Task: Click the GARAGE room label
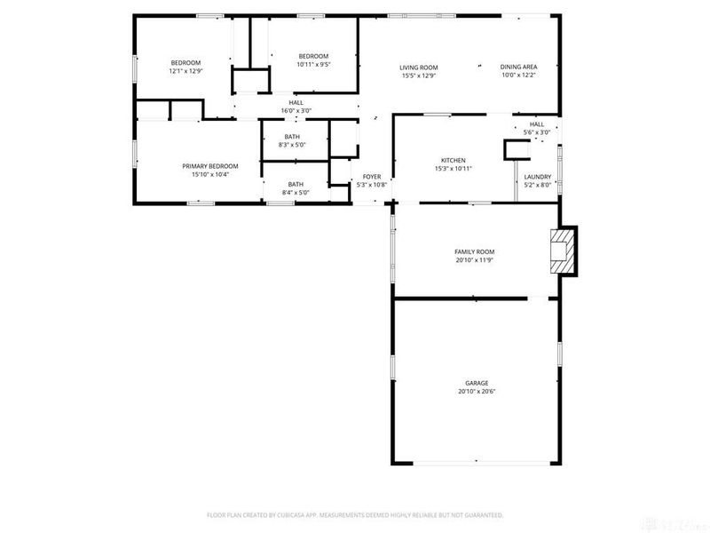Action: pyautogui.click(x=477, y=383)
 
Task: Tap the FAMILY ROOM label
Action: pyautogui.click(x=474, y=251)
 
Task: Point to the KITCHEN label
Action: pyautogui.click(x=453, y=160)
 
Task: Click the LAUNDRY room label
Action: pyautogui.click(x=538, y=177)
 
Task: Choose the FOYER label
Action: pyautogui.click(x=372, y=177)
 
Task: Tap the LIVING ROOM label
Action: pyautogui.click(x=419, y=67)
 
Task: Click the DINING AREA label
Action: pyautogui.click(x=518, y=67)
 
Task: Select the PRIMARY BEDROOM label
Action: pyautogui.click(x=210, y=166)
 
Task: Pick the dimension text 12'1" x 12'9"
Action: pyautogui.click(x=185, y=70)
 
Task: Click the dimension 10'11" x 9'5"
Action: pyautogui.click(x=313, y=64)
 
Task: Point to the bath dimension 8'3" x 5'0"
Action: pyautogui.click(x=292, y=145)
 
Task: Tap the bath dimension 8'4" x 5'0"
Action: pyautogui.click(x=295, y=193)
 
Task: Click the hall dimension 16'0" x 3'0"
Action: pyautogui.click(x=296, y=110)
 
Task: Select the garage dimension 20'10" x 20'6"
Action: pyautogui.click(x=477, y=391)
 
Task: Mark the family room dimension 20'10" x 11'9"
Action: pyautogui.click(x=474, y=260)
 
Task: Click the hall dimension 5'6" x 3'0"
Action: pyautogui.click(x=537, y=131)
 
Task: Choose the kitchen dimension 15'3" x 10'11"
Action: pyautogui.click(x=453, y=168)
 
